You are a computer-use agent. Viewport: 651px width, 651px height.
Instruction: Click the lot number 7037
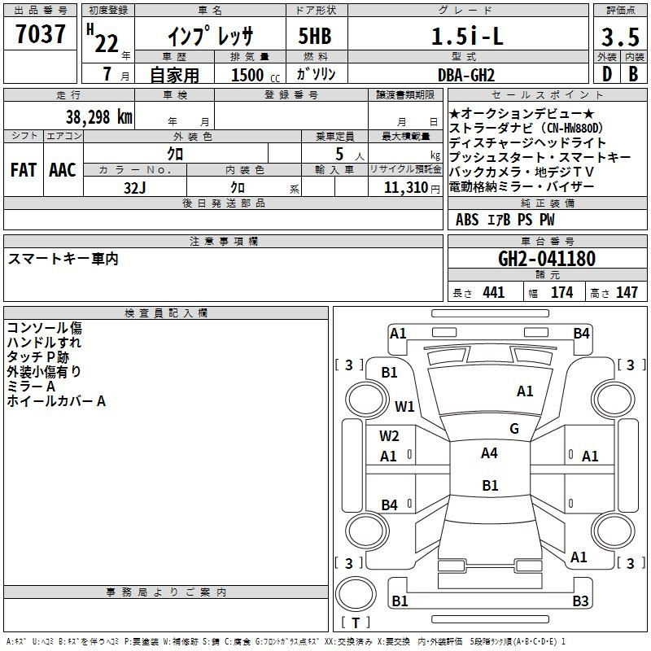[41, 33]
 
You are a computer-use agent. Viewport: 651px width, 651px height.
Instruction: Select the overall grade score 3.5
[620, 37]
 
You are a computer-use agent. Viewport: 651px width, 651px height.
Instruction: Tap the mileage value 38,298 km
[98, 117]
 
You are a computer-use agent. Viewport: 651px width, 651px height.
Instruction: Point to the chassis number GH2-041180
[547, 259]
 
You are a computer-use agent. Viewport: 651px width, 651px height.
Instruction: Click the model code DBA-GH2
[466, 75]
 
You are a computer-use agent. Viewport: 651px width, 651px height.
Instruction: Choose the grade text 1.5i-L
[467, 36]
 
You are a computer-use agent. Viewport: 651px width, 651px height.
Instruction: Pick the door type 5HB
[315, 36]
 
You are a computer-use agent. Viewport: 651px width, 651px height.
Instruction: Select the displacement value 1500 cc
[256, 75]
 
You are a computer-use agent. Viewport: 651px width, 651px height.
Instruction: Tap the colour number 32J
[135, 188]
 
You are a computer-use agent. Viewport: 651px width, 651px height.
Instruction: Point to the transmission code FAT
[24, 170]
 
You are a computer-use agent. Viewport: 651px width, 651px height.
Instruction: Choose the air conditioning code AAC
[63, 170]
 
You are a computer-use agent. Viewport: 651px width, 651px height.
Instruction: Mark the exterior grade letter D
[607, 74]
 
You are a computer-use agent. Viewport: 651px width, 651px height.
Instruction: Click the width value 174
[561, 292]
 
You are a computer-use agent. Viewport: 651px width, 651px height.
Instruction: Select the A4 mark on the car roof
[489, 453]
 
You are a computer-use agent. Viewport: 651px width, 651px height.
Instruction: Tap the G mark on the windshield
[514, 429]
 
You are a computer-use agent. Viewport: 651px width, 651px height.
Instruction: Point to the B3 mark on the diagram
[580, 601]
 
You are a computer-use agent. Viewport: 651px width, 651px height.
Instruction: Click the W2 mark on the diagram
[389, 436]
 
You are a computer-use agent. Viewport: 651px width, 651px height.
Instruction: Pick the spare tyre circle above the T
[356, 594]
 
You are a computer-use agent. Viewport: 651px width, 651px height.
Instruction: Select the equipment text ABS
[467, 220]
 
